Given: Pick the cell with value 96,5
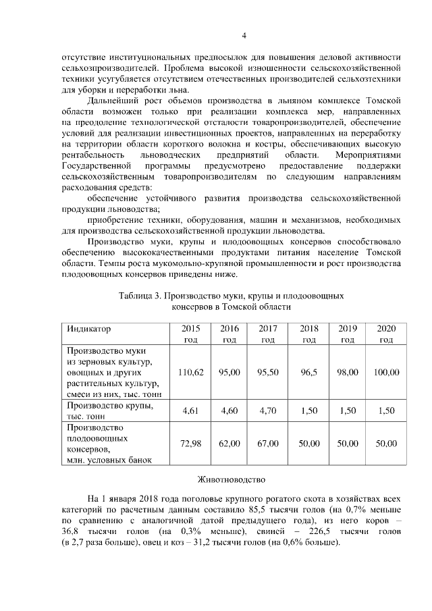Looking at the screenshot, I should coord(308,372).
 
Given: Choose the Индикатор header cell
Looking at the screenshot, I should coord(88,329).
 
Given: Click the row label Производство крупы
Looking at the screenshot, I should coord(107,405).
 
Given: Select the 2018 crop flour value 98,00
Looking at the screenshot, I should coord(348,372).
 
